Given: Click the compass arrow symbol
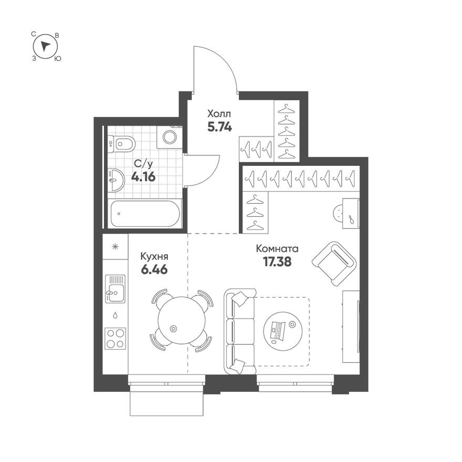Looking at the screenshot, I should click(x=46, y=46).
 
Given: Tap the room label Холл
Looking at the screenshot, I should click(x=219, y=113).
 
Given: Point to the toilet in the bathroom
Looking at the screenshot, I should click(x=121, y=143).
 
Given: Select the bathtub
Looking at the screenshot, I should click(x=144, y=214).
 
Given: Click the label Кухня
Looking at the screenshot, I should click(x=154, y=257).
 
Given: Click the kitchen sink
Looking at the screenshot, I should click(x=115, y=289).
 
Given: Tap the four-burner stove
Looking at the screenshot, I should click(x=115, y=338).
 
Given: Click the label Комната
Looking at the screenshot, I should click(x=277, y=249).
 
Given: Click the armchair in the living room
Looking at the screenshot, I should click(x=334, y=262).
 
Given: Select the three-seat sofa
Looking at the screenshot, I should click(x=239, y=331).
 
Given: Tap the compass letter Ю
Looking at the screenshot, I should click(x=58, y=59).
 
